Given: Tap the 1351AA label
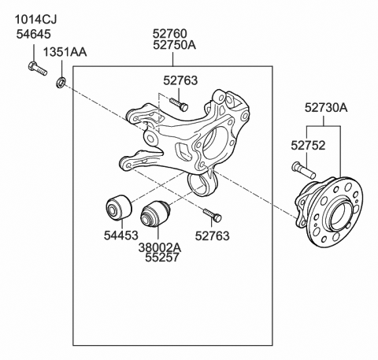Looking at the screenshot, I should (65, 52).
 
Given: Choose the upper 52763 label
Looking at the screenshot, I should (180, 80).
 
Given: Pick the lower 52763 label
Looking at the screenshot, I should (212, 234).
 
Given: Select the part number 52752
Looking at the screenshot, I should (307, 145).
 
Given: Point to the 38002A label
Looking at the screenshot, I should (160, 246).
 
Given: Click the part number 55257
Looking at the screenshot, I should (160, 258).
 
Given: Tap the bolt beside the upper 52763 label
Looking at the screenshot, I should (178, 104).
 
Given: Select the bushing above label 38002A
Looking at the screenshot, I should (155, 214).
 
